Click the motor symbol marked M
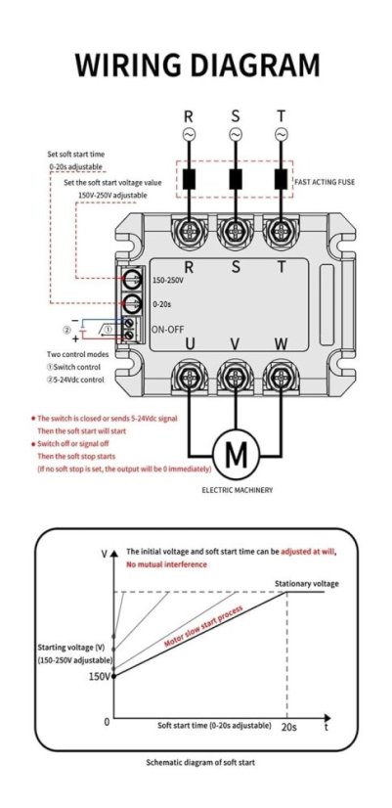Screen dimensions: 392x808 coord(237,455)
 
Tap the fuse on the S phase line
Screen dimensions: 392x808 coord(236,179)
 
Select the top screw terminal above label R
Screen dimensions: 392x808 coord(189,233)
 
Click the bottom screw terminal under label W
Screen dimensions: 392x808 coord(282,379)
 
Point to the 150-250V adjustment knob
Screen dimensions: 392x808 coord(133,280)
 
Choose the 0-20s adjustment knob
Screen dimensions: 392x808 coord(133,304)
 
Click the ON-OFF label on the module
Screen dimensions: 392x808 coord(168,330)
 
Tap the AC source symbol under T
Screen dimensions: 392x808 coord(282,134)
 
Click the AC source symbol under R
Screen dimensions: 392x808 coord(189,134)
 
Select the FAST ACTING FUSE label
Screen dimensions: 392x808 coord(325,182)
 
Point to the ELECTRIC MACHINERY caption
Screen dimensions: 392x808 coord(237,489)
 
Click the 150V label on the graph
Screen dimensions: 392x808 coord(100,677)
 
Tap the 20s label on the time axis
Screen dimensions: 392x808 coord(289,727)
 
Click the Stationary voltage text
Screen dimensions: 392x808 coord(307,584)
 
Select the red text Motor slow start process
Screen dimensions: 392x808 coord(203,626)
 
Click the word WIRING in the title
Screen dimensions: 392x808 coord(128,66)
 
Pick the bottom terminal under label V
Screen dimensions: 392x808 coord(236,379)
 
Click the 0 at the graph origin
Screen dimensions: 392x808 coord(107,722)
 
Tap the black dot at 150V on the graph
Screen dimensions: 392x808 coord(113,676)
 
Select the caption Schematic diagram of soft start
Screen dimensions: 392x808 coord(200,762)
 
